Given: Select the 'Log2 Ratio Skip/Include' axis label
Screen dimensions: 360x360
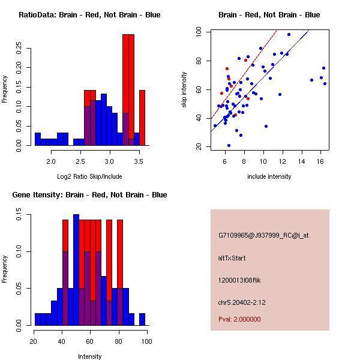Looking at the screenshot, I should [x=89, y=176].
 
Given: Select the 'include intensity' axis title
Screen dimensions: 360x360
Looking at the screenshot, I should [x=269, y=176].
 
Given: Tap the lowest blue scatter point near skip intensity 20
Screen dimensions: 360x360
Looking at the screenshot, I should [x=229, y=145].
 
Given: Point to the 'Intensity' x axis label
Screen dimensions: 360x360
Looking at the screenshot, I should [x=89, y=356].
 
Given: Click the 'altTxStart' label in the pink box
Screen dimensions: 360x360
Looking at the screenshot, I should [x=232, y=258].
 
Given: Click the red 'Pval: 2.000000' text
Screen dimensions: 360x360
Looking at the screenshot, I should [x=239, y=319].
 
